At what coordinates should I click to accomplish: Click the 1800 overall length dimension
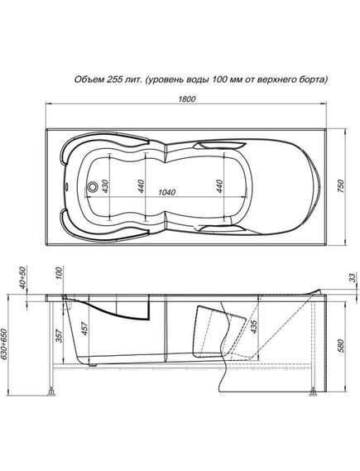point(187,99)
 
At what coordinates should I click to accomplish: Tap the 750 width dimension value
point(341,187)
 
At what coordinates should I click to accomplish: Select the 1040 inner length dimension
point(166,192)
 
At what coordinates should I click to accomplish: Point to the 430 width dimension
point(106,186)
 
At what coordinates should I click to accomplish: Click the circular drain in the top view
point(93,186)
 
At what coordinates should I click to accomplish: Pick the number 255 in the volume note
point(113,79)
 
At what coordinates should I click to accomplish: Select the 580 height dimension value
point(341,345)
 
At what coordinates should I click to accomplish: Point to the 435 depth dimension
point(253,326)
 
